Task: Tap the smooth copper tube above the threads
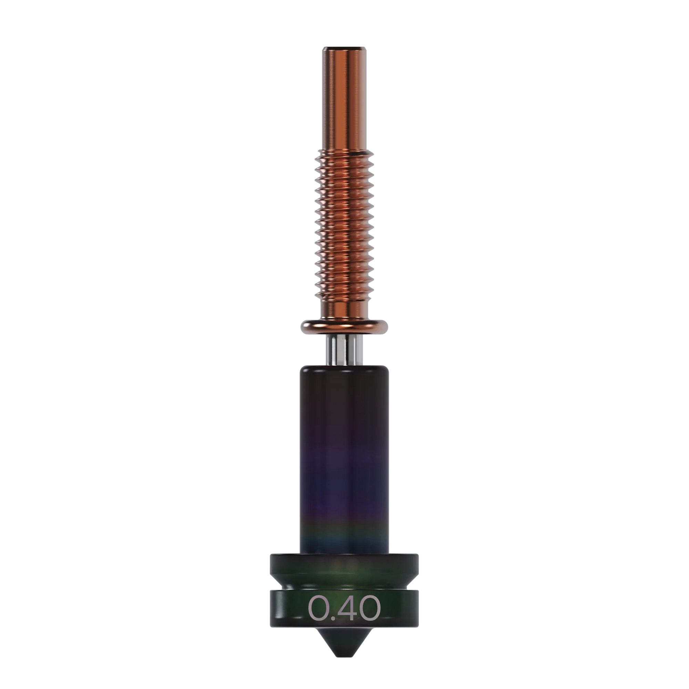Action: click(344, 100)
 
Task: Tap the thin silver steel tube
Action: click(344, 351)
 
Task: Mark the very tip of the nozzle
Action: click(344, 655)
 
